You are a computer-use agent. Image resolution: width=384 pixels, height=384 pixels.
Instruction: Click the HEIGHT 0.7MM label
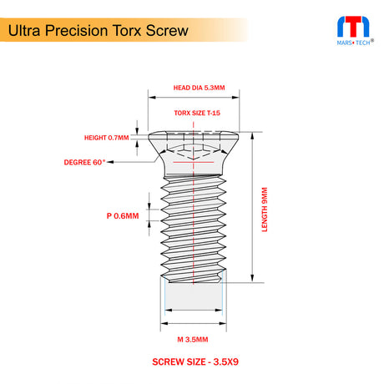tap(106, 138)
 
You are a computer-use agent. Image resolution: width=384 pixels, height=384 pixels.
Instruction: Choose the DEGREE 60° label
tap(86, 161)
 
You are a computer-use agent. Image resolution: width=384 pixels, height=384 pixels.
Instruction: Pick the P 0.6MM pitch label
tap(123, 215)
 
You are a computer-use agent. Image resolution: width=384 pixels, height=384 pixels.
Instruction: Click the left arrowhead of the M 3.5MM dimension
tap(164, 311)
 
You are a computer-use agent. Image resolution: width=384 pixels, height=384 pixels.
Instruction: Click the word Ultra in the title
tap(27, 31)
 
